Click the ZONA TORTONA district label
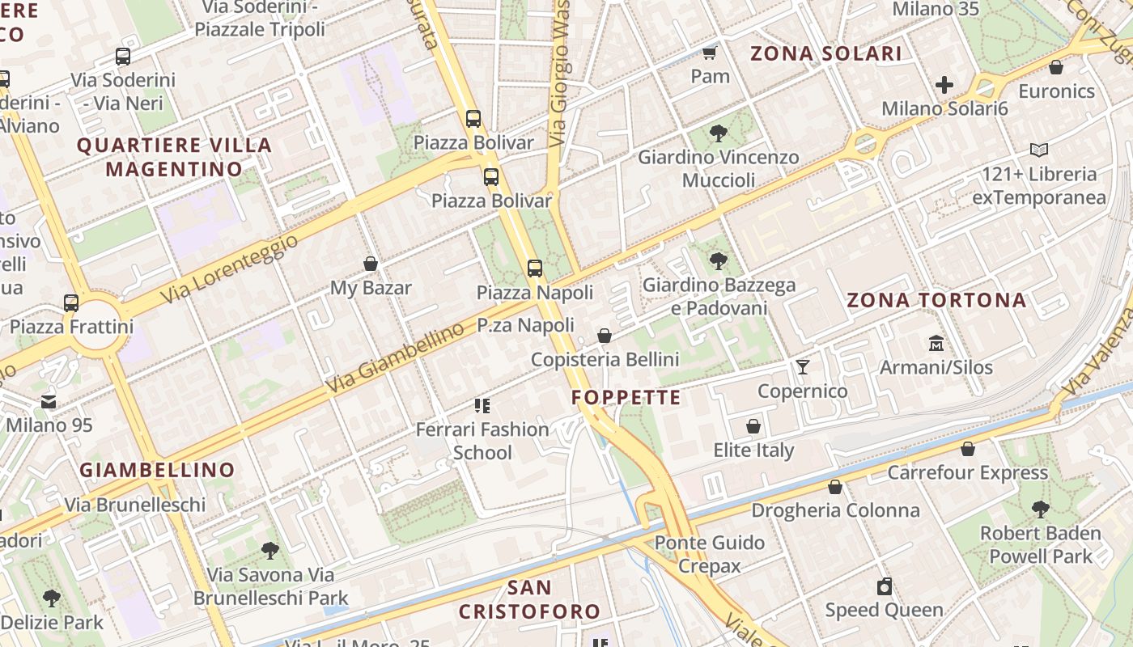936,301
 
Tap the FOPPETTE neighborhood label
626,397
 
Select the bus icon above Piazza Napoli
535,269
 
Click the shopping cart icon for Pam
710,53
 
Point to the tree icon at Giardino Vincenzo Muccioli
718,133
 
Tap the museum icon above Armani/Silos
936,343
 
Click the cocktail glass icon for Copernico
802,367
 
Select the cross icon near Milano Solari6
944,84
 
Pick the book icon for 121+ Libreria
1039,150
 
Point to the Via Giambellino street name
396,357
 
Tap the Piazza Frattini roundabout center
95,326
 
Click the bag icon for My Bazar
371,264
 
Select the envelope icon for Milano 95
49,401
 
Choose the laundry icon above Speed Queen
885,586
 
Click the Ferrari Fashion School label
482,441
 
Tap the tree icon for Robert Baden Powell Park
1041,510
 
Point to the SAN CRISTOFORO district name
530,599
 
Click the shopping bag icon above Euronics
1056,67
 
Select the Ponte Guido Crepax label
710,554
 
